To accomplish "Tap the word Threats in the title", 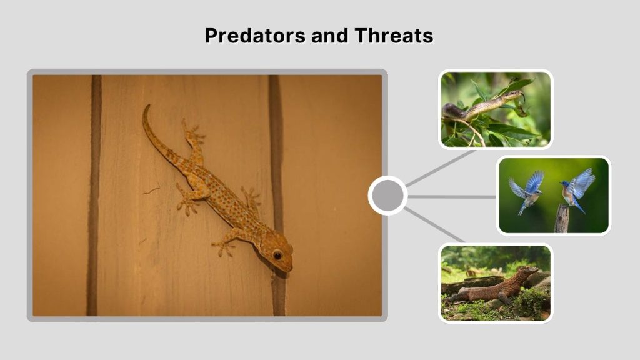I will [394, 36].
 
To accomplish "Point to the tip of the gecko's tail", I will [146, 107].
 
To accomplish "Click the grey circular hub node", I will [387, 196].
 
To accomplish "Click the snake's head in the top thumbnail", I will [514, 95].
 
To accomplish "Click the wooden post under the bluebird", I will [562, 219].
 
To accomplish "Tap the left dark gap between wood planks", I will [94, 194].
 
